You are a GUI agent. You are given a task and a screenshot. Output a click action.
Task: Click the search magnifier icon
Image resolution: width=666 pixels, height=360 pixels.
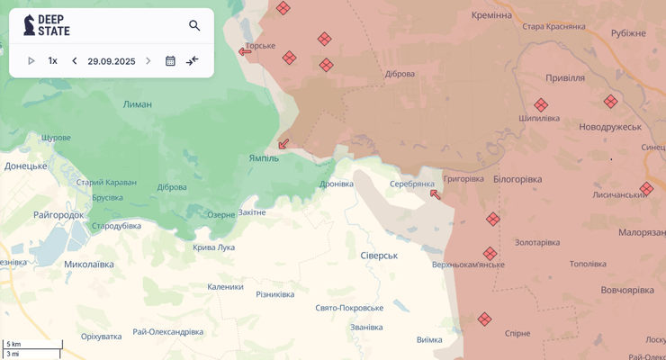click(x=194, y=25)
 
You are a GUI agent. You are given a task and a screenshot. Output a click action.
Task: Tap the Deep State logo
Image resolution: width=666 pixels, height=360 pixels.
click(x=47, y=25)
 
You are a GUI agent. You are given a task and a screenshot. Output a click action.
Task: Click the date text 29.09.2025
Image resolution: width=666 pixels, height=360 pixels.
click(x=111, y=61)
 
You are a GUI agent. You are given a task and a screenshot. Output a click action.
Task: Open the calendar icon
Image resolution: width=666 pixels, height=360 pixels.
click(x=170, y=61)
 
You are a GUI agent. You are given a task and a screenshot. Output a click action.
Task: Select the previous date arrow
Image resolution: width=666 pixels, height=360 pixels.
click(x=75, y=61)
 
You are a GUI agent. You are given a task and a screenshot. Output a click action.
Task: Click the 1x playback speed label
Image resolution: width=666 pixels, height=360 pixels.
click(x=52, y=61)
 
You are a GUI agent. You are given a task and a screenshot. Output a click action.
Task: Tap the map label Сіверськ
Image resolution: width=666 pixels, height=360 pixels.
click(x=379, y=256)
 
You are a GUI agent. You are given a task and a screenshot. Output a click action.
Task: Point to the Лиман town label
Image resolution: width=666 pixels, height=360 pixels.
click(x=138, y=104)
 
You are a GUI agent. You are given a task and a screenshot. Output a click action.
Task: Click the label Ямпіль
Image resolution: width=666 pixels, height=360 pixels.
click(x=264, y=158)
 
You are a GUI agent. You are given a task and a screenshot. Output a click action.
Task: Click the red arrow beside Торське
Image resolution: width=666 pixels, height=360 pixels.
click(x=245, y=51)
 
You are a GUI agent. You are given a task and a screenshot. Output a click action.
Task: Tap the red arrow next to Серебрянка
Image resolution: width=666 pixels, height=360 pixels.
click(x=436, y=193)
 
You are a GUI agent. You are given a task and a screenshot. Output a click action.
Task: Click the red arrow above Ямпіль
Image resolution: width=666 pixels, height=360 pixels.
click(x=284, y=143)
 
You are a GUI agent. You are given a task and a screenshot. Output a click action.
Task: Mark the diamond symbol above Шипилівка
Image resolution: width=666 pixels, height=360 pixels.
click(x=541, y=104)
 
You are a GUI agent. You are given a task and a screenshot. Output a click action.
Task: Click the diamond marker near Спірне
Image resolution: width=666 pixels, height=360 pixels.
click(x=485, y=319)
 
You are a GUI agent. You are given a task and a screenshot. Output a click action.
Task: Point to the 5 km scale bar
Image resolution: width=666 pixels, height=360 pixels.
click(x=32, y=345)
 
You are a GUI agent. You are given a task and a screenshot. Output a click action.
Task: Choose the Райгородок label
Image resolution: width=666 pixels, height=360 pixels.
click(x=58, y=214)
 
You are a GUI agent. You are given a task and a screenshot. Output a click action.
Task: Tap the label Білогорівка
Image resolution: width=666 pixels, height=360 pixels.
click(x=517, y=179)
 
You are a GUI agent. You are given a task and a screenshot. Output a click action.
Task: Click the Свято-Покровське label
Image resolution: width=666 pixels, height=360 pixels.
click(x=349, y=308)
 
